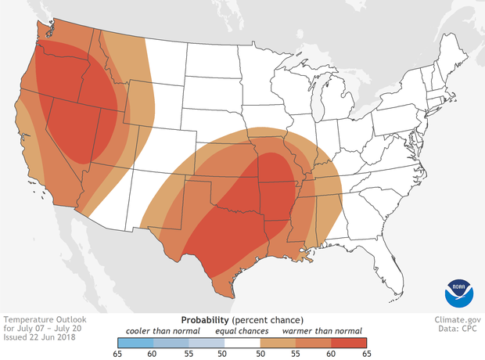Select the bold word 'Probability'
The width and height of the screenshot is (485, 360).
coord(205,320)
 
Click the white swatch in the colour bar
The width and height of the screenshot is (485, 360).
coord(242,342)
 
